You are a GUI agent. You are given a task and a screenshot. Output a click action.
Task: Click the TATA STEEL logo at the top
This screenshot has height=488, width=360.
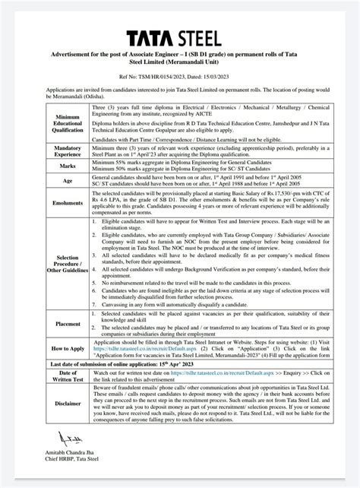(x=179, y=38)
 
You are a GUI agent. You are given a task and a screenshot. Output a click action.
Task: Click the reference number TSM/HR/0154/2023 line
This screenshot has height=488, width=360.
(x=179, y=78)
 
